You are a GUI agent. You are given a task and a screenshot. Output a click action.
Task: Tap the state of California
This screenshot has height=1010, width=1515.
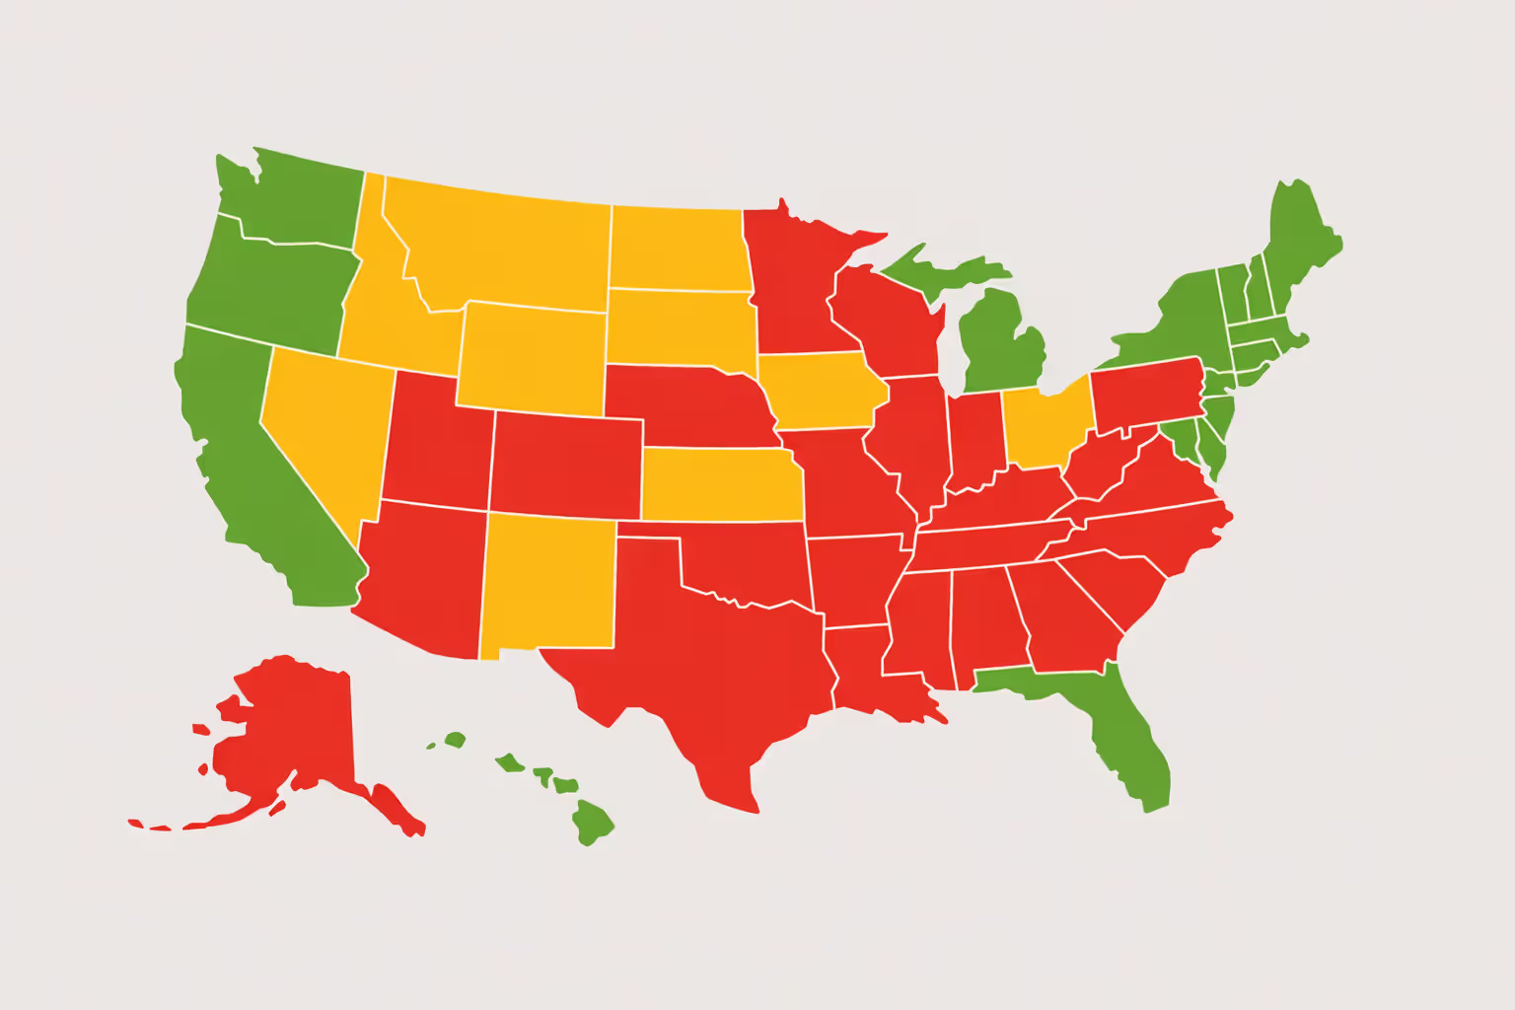coord(247,473)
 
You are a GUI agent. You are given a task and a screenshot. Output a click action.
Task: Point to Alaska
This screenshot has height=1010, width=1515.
coord(286,730)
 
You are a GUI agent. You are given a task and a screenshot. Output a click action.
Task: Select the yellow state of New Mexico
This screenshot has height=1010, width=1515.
coord(548,582)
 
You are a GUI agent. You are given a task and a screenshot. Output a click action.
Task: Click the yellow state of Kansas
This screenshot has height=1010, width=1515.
coord(720,483)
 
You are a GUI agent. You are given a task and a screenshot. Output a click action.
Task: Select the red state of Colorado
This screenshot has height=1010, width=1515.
coord(566,464)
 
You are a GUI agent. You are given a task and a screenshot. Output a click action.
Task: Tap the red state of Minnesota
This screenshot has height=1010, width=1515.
coord(794,286)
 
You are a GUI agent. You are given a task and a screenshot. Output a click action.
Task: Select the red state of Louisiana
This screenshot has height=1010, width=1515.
coord(868,671)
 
